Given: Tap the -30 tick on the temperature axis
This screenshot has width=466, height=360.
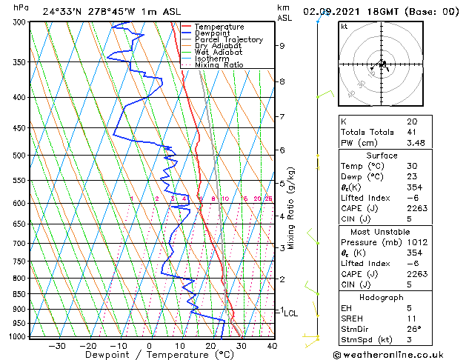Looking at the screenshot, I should tap(57, 345).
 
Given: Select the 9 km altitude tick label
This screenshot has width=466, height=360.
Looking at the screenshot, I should tap(282, 46).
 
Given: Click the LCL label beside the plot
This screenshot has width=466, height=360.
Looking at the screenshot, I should tap(291, 313).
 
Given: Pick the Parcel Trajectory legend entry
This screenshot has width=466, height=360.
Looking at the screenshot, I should tap(228, 40).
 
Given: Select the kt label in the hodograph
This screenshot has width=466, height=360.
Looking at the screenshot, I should tap(344, 27).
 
